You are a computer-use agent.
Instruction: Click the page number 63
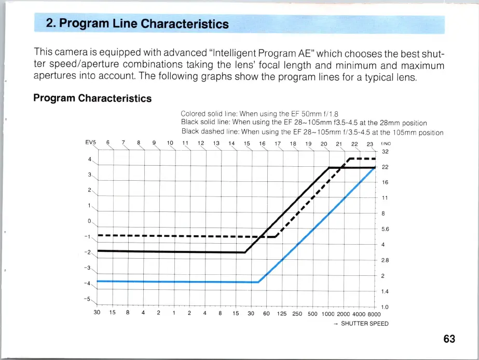tap(449, 339)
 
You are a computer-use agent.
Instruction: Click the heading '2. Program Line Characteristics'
tap(137, 24)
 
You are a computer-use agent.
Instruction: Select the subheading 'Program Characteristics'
tap(92, 98)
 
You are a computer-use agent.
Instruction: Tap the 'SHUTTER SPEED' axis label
tap(364, 324)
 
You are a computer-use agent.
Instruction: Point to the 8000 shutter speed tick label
tap(374, 314)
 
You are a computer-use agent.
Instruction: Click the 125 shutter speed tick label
tap(282, 314)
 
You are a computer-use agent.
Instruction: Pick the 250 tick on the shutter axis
tap(297, 314)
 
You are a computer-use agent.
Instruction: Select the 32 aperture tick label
tap(385, 152)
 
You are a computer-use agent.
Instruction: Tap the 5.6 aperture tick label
tap(385, 229)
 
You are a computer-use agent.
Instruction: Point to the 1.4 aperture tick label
tap(385, 292)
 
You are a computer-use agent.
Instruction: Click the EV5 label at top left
tap(91, 143)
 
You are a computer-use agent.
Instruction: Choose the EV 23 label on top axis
tap(370, 144)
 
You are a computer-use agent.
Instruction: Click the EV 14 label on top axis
tap(231, 143)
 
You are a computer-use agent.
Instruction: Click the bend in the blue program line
tap(258, 282)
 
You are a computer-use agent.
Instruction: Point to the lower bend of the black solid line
tap(245, 252)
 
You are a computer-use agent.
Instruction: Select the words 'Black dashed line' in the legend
tap(210, 132)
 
